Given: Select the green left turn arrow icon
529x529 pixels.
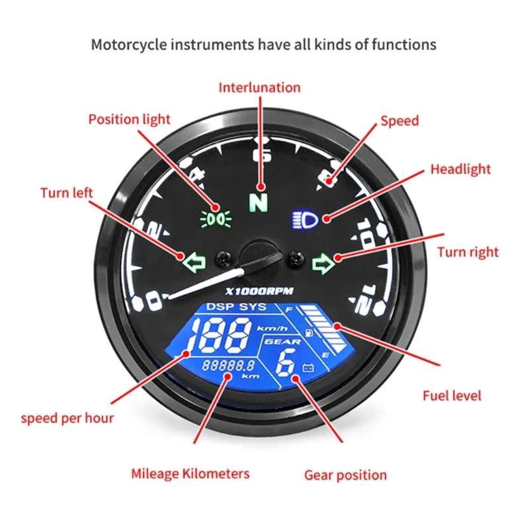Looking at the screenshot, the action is point(193,263).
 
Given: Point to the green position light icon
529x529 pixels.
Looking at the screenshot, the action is point(214,218).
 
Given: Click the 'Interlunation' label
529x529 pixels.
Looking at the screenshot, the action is point(259,87).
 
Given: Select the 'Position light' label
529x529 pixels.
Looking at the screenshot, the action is point(130,120).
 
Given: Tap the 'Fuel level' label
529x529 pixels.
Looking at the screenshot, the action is point(452,396).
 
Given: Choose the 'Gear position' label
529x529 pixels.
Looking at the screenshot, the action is point(345,475).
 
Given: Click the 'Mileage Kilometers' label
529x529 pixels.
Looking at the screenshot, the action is point(190,473).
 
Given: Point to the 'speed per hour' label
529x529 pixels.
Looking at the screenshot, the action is point(67,418).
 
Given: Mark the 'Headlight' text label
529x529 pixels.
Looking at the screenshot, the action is point(461,169).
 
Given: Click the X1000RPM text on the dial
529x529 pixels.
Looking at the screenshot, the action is point(254,292).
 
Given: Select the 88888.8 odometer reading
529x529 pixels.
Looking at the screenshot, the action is point(228,365).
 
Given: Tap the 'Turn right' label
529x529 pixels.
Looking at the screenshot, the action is point(468,252).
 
